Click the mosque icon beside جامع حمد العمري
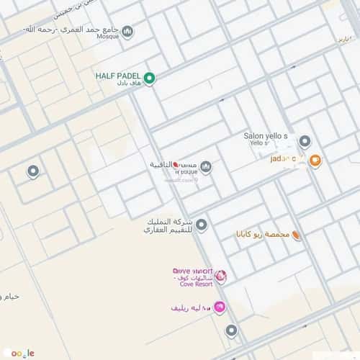(127, 32)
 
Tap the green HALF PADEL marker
(149, 78)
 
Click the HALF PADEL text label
(120, 75)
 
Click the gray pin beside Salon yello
(305, 141)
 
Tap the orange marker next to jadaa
(315, 161)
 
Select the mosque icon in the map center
(206, 167)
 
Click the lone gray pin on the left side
(32, 171)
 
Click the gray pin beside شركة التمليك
(202, 225)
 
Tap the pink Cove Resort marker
(221, 276)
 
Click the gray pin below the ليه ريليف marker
(230, 330)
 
